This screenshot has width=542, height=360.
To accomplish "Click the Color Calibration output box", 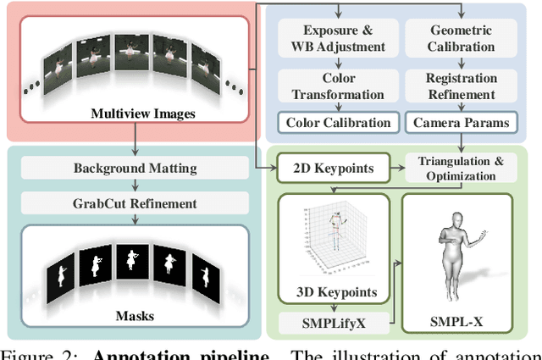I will [338, 123].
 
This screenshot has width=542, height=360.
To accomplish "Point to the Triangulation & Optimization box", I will [462, 169].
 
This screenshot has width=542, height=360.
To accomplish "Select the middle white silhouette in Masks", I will [131, 259].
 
